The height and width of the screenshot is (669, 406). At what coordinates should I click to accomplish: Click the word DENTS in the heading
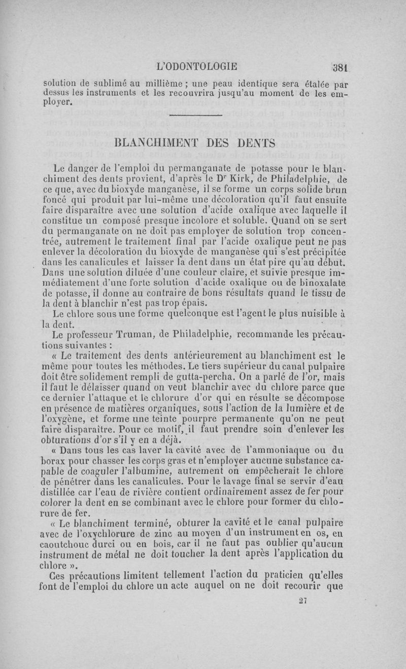coord(256,143)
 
